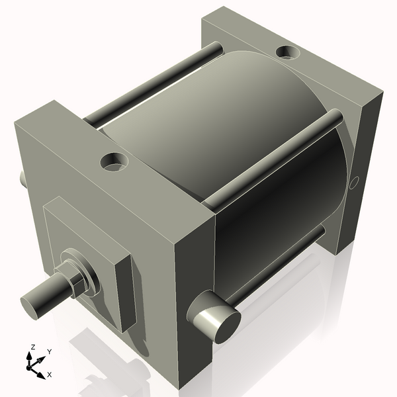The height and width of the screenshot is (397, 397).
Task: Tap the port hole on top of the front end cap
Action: [x=114, y=160]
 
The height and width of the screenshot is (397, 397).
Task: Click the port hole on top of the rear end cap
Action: [x=287, y=50]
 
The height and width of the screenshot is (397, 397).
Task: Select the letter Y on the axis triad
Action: [x=49, y=352]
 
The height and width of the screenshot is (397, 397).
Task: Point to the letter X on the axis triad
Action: [x=50, y=375]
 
